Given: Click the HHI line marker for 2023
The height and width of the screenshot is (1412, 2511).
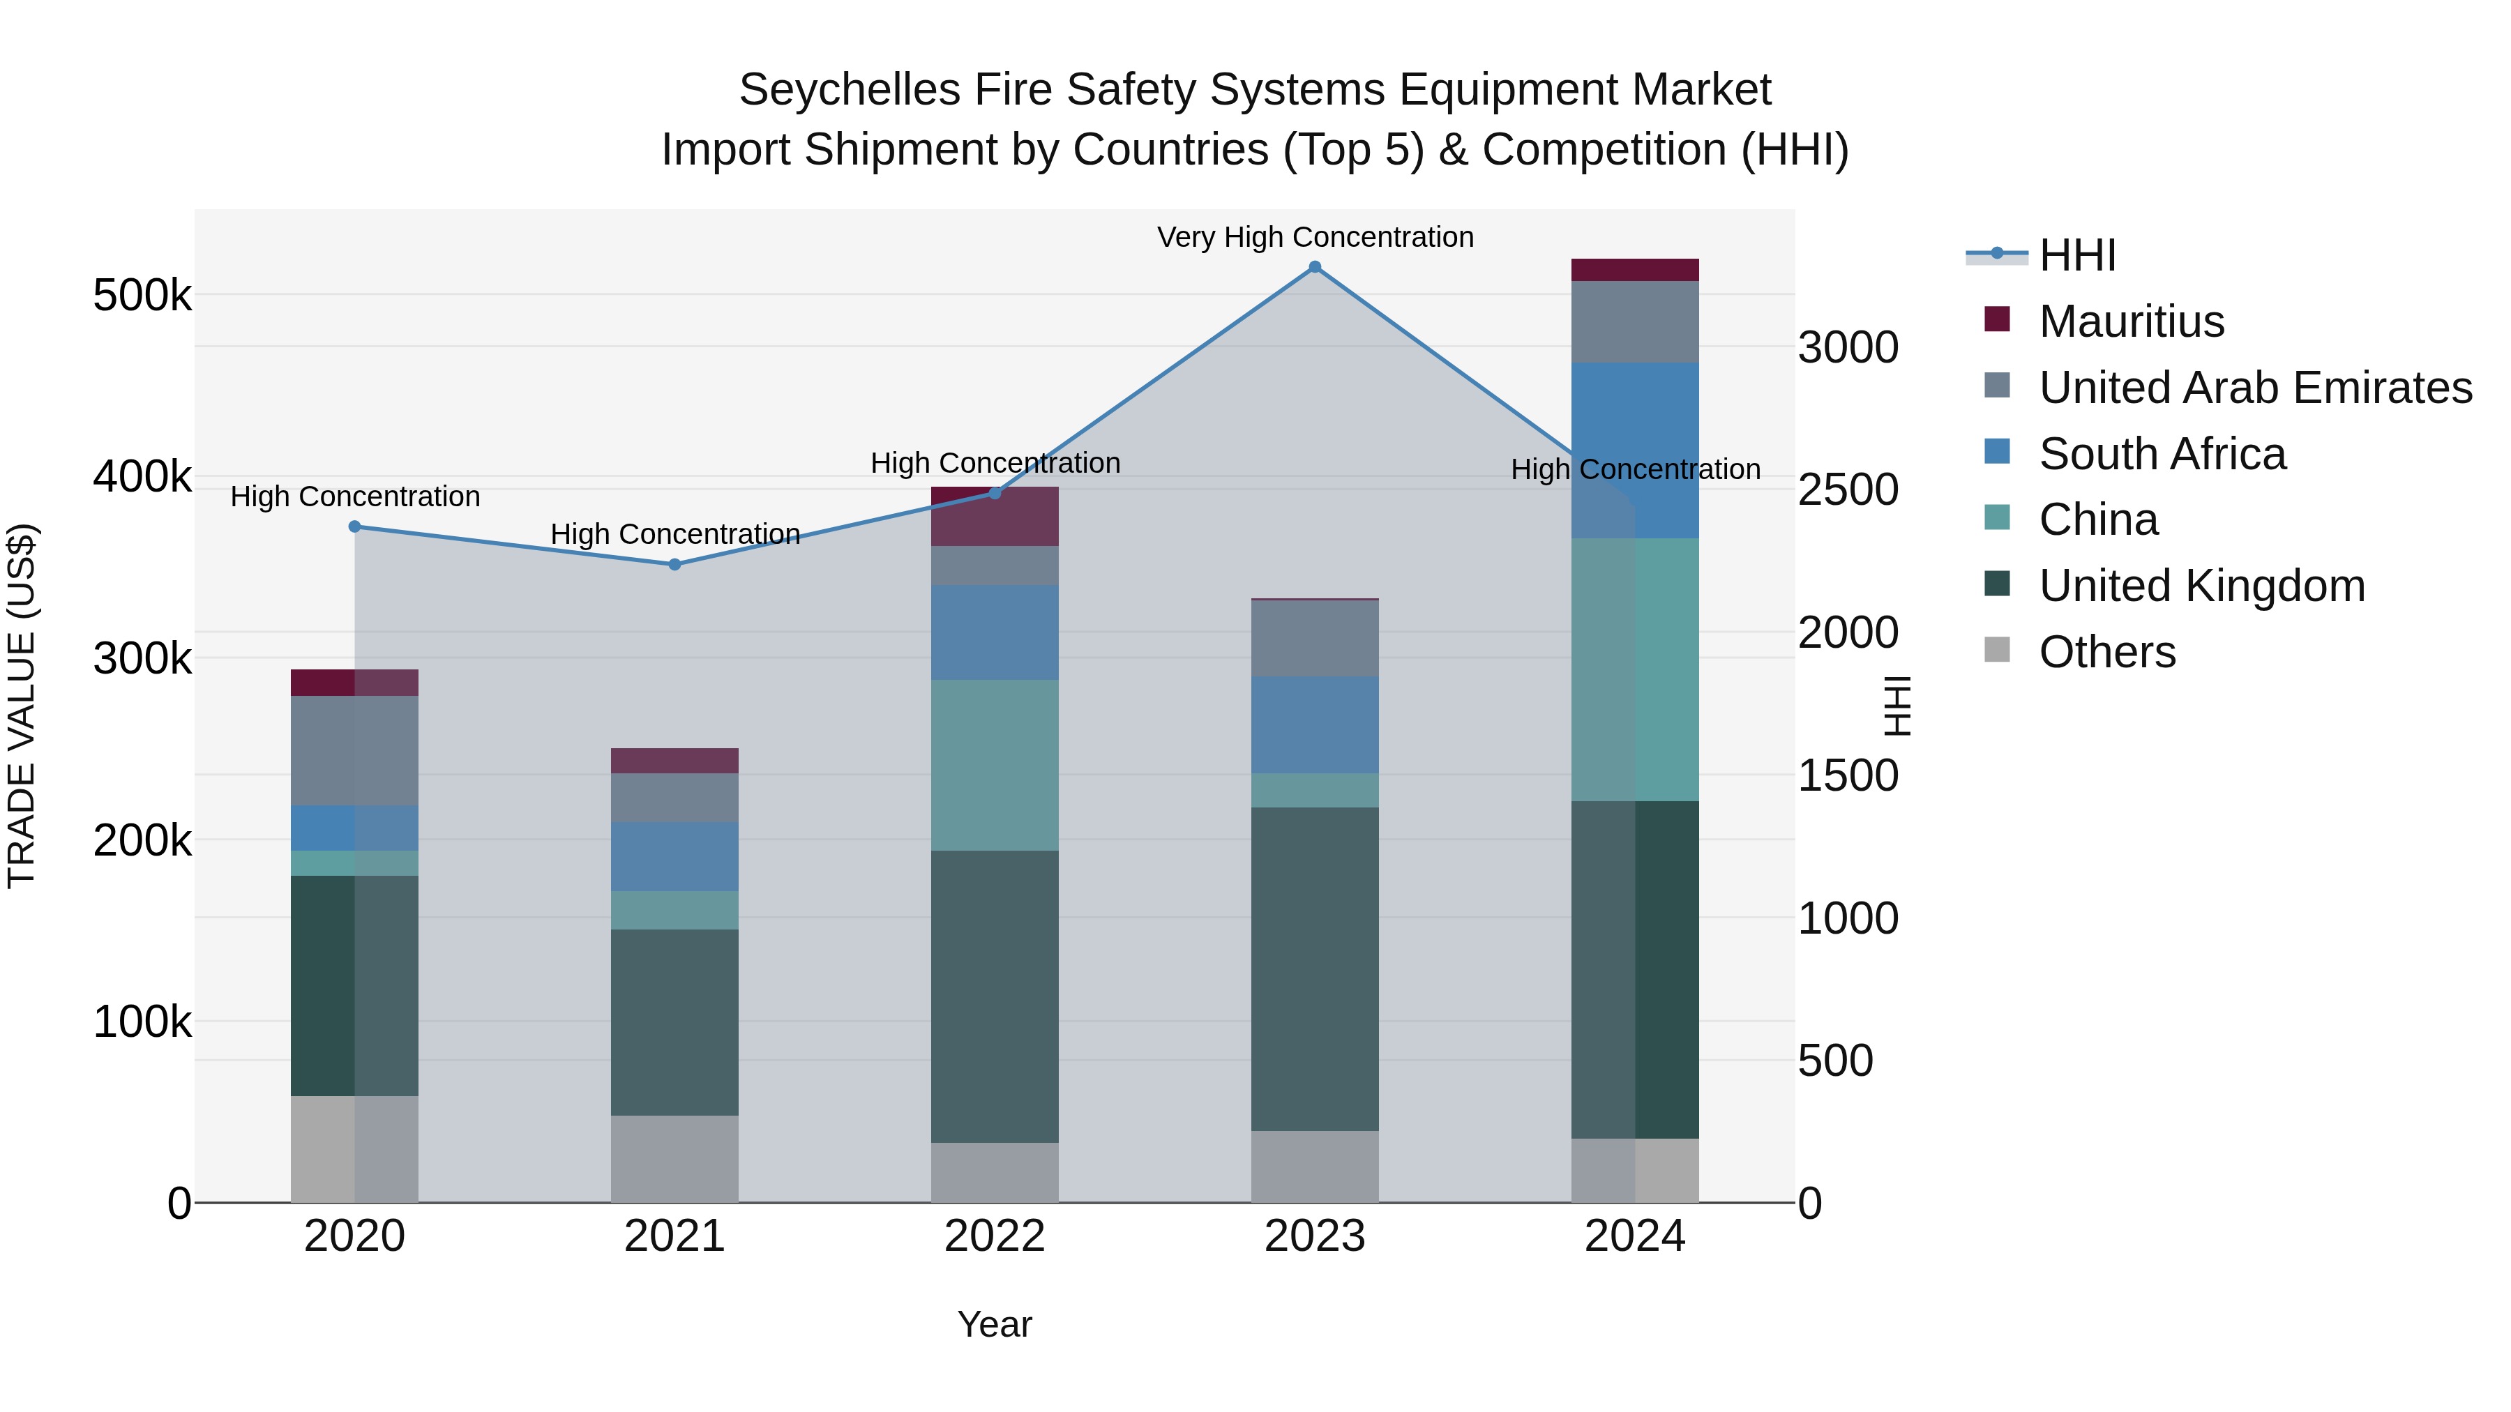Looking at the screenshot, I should pos(1314,267).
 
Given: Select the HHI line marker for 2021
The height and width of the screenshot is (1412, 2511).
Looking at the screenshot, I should pos(674,564).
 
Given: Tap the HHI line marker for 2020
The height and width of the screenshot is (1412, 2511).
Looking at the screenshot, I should pos(355,527).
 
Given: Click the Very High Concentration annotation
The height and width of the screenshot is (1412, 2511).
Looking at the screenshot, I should pos(1314,238).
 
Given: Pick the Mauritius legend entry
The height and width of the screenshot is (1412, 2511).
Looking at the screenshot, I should pos(2131,321).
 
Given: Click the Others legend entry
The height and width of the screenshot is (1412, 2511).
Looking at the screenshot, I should pos(2106,652).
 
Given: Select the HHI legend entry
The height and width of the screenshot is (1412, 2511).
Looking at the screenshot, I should pos(2076,255).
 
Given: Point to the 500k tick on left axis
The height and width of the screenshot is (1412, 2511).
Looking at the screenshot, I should pos(142,295).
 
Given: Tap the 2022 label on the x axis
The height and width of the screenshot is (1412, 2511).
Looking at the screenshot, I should pos(994,1236).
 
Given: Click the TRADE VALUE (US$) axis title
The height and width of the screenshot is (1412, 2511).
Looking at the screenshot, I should pos(22,706).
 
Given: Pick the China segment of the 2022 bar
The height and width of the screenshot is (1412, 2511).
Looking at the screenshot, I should pos(994,765).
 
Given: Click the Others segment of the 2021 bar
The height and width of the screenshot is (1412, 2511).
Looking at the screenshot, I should pos(674,1159).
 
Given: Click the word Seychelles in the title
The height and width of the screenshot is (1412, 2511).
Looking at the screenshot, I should pos(847,91).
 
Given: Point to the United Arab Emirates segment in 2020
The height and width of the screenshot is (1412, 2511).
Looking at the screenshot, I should pos(355,750).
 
